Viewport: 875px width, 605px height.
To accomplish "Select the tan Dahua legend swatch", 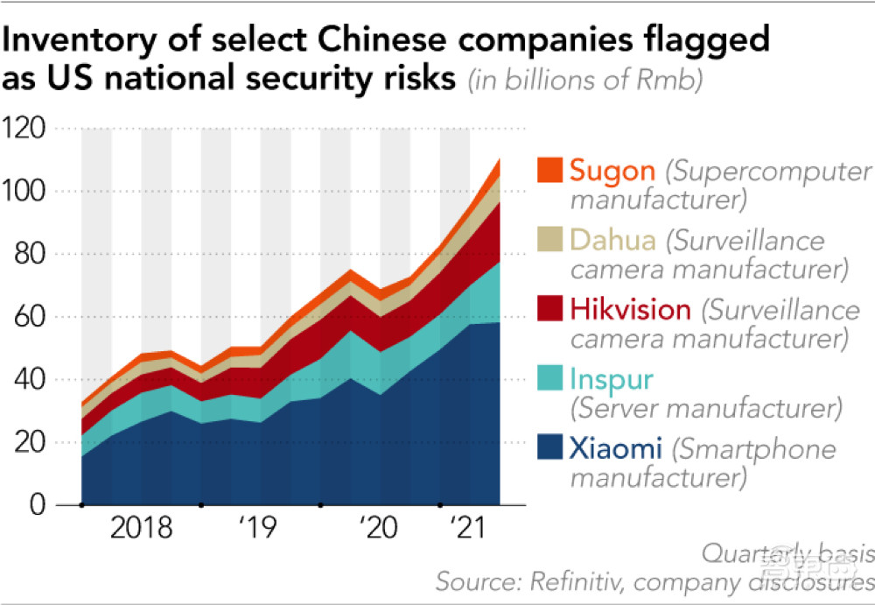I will click(x=549, y=238).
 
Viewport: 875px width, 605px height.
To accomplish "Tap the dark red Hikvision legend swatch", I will click(x=549, y=308).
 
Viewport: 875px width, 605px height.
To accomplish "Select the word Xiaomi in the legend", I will click(x=615, y=450).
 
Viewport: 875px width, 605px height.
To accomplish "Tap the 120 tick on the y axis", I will click(x=26, y=129).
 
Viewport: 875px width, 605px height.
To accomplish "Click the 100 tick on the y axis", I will click(x=26, y=192).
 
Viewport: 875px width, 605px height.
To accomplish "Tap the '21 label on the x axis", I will click(x=466, y=529).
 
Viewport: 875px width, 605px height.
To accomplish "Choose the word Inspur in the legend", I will click(x=609, y=380).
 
